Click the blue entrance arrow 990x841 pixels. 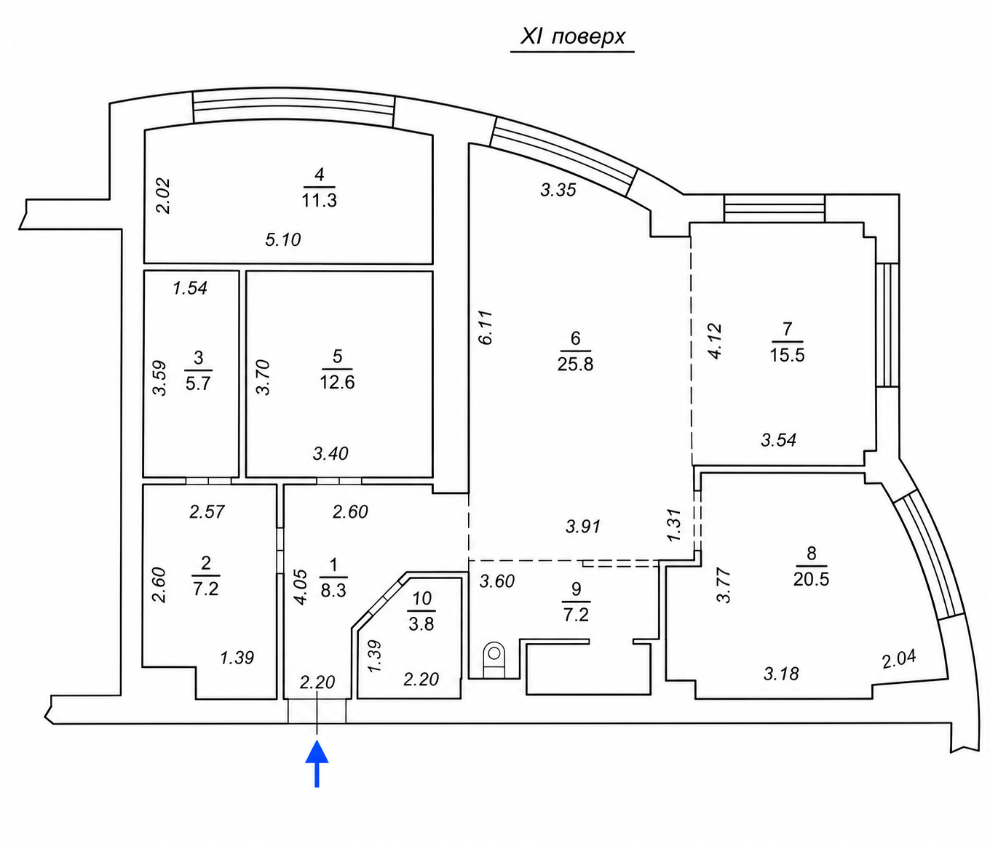[317, 763]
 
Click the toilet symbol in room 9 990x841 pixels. [494, 660]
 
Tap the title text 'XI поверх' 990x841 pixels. [573, 36]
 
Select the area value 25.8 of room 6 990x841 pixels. [575, 364]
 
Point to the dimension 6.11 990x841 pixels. [485, 327]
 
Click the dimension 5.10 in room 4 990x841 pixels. [283, 239]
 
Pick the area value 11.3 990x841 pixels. [319, 200]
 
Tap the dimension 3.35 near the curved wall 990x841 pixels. [558, 190]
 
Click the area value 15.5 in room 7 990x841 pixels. [788, 355]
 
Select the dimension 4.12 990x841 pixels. [714, 341]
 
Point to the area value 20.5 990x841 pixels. [811, 579]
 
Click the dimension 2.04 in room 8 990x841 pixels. [899, 658]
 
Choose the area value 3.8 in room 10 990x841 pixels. [421, 624]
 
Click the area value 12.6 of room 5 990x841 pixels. [337, 383]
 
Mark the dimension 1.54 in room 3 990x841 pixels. [190, 287]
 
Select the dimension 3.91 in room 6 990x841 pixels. [583, 527]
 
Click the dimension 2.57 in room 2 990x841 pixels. [207, 511]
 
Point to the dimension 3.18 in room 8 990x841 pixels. [781, 674]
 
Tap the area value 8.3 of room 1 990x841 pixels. [333, 590]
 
